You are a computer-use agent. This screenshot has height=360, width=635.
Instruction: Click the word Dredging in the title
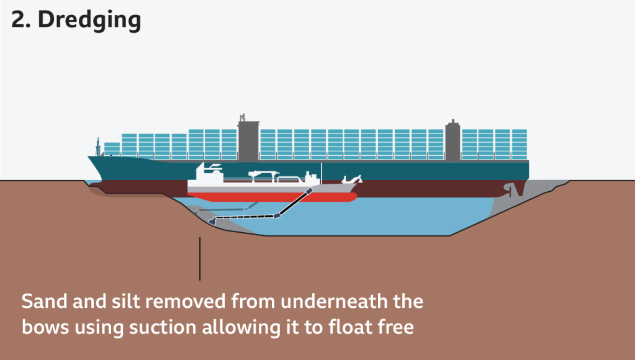coord(89,20)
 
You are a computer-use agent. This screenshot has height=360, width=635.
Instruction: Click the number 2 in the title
coord(19,20)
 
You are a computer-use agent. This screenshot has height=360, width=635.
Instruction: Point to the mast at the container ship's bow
coord(97,146)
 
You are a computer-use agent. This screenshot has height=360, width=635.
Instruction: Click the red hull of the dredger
coord(273,197)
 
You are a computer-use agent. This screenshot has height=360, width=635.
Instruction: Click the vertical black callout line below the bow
coord(200,258)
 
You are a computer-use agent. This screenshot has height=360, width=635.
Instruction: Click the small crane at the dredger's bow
coord(352,181)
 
